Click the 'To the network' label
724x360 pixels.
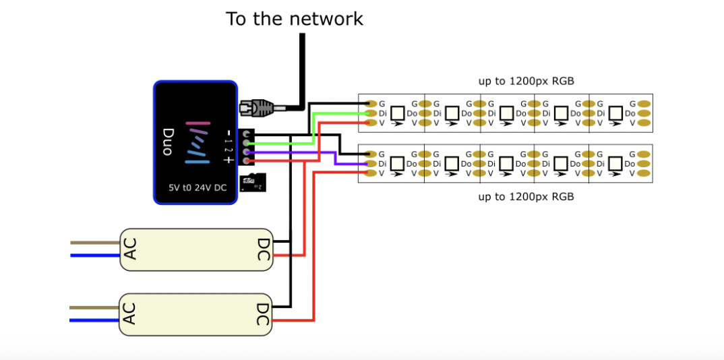pyautogui.click(x=295, y=18)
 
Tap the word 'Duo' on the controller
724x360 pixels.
pyautogui.click(x=169, y=142)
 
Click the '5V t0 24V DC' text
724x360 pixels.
pyautogui.click(x=198, y=188)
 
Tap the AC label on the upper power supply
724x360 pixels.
pyautogui.click(x=131, y=249)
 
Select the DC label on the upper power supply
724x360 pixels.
pyautogui.click(x=264, y=249)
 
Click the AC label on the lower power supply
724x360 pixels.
pyautogui.click(x=131, y=313)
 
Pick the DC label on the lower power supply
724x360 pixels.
pyautogui.click(x=264, y=314)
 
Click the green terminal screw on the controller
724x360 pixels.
pyautogui.click(x=245, y=143)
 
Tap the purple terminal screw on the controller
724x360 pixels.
pyautogui.click(x=245, y=152)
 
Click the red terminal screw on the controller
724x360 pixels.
pyautogui.click(x=245, y=161)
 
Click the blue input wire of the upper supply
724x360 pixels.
pyautogui.click(x=94, y=255)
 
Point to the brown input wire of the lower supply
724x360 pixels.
pyautogui.click(x=94, y=307)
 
